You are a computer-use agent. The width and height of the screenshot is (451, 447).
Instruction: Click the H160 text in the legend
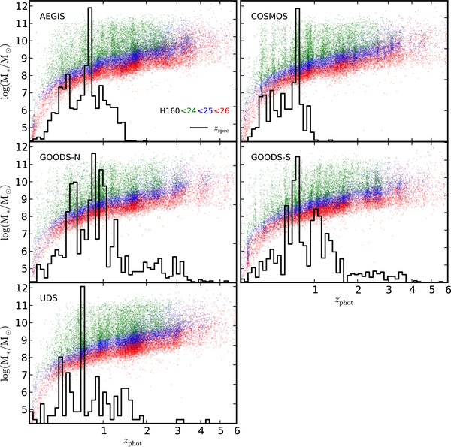pos(169,110)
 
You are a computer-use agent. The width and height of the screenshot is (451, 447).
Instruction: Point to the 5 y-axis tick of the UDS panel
pos(23,409)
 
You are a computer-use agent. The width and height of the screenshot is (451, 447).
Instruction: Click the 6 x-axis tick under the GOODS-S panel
pos(447,289)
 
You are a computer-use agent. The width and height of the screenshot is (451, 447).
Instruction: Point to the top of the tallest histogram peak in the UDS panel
pos(83,287)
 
